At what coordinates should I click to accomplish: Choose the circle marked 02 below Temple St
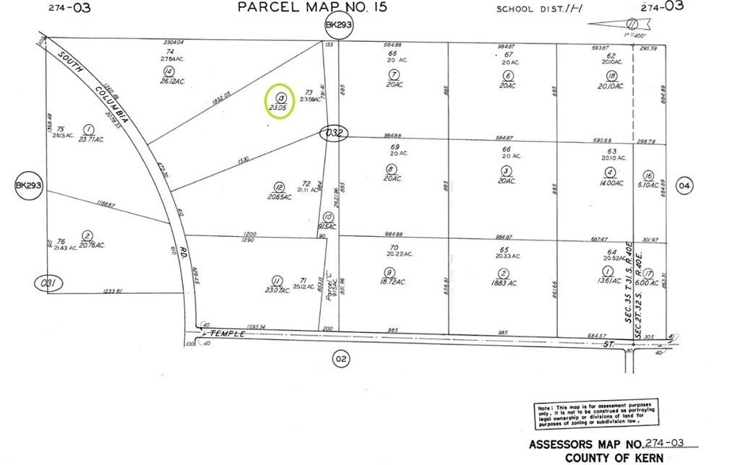pos(341,357)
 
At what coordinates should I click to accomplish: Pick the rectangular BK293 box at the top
pos(337,25)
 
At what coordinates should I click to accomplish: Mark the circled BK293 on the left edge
pos(29,186)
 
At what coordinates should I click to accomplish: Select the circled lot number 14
pos(168,71)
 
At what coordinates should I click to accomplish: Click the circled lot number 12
pos(279,185)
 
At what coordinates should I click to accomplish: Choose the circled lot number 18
pos(611,76)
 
